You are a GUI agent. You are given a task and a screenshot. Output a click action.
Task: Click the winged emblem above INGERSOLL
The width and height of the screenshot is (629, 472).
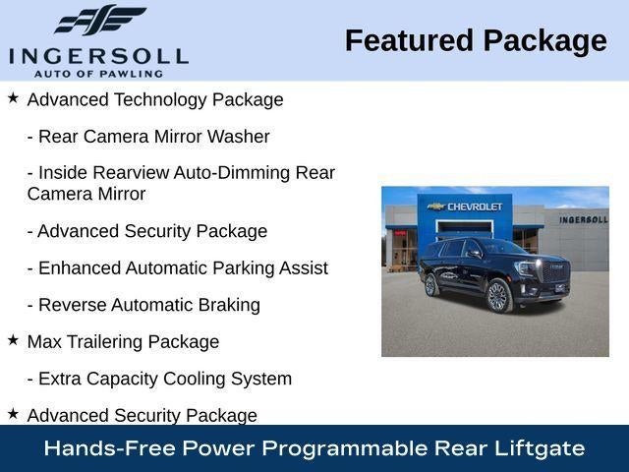coord(100,20)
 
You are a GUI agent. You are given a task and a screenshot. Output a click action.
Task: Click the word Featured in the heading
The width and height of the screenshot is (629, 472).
coord(409,41)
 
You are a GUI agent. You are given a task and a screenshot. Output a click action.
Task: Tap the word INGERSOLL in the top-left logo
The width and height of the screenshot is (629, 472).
coord(98,57)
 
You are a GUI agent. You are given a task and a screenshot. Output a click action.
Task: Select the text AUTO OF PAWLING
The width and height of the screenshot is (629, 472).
coord(98,74)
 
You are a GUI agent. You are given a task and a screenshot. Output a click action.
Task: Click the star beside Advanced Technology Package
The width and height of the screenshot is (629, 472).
coord(13,97)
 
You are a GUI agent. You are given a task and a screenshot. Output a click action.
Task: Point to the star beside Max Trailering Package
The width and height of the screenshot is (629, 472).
coord(13,340)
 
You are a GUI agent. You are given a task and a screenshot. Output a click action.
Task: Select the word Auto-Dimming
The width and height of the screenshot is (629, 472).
coord(232,173)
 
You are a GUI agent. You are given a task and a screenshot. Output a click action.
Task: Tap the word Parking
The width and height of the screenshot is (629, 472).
coord(244,268)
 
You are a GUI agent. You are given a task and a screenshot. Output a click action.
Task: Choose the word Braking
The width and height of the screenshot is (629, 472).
coord(229,305)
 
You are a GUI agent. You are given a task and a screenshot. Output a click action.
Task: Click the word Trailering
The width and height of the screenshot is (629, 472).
coord(104,342)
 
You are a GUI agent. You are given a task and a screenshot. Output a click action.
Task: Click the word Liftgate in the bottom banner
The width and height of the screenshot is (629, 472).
coord(540,448)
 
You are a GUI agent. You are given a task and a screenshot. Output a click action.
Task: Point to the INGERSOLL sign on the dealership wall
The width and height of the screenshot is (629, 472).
coord(584,219)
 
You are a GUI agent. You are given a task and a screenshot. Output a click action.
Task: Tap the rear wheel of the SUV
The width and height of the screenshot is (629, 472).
coord(430,285)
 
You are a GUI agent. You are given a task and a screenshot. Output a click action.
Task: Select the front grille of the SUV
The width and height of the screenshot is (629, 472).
coord(556,271)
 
